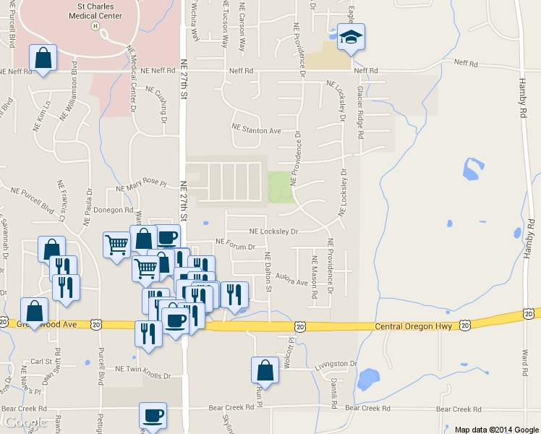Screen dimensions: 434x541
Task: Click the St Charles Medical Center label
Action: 95,10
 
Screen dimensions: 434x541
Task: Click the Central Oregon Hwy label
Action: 413,327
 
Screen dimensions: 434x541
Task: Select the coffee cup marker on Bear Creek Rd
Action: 153,415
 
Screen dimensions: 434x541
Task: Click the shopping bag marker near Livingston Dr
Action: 265,370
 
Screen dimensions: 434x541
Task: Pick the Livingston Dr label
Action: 336,364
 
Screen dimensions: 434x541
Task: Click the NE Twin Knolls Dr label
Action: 137,376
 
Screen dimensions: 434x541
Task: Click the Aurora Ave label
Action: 291,281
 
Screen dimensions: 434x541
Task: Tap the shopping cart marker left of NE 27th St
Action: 116,246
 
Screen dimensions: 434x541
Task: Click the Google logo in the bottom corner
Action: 24,422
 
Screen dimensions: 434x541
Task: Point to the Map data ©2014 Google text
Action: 496,429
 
